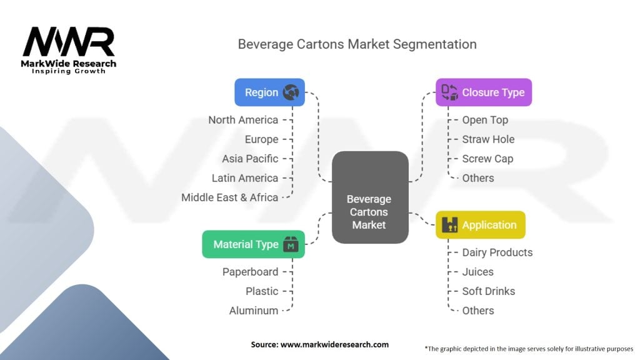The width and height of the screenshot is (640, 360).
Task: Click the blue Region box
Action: click(270, 92)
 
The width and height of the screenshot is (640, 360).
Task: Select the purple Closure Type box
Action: click(484, 92)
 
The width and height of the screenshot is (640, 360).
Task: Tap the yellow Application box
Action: click(481, 225)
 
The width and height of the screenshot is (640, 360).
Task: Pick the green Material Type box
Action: click(254, 244)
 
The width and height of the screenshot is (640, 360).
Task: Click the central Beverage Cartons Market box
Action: click(370, 197)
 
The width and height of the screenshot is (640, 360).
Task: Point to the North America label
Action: click(243, 120)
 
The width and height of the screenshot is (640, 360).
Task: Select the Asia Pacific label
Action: click(250, 159)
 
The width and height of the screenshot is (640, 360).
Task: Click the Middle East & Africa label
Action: click(230, 197)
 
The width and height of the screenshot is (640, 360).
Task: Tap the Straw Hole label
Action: click(488, 139)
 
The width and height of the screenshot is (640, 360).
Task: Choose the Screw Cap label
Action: click(487, 159)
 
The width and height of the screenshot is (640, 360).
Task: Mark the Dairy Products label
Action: click(497, 252)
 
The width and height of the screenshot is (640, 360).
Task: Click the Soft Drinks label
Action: click(489, 291)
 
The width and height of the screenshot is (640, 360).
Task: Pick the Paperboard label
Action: click(250, 272)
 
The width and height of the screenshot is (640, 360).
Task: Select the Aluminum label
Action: click(254, 311)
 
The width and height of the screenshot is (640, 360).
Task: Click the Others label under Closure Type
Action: click(478, 178)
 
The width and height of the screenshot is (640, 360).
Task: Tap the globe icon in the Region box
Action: click(291, 92)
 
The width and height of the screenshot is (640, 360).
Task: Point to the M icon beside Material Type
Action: click(291, 244)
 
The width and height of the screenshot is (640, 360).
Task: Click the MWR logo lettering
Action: click(69, 41)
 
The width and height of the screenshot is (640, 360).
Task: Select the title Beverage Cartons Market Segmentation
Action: click(357, 44)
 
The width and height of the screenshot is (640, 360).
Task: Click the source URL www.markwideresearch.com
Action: click(335, 344)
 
